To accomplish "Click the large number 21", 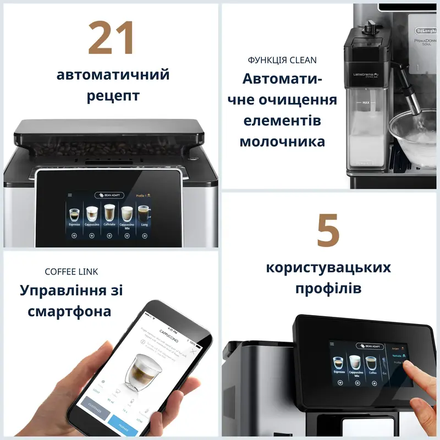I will [112, 38].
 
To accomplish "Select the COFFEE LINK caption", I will [71, 272].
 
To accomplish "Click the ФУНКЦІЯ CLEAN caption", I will [282, 60].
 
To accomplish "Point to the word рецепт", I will [113, 96].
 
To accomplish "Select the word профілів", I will [328, 288].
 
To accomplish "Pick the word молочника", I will [282, 141].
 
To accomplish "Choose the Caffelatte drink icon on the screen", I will [109, 215].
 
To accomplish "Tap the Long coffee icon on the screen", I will [144, 215].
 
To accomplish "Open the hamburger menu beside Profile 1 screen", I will [70, 195].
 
